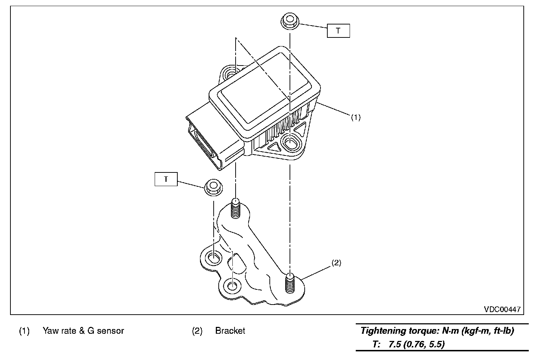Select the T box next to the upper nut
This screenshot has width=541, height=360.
coord(338,31)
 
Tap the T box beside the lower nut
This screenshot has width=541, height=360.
coord(166,179)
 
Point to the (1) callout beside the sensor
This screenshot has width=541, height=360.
coord(355,117)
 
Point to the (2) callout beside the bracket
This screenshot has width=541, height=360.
coord(336,263)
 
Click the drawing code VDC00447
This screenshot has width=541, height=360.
coord(502,310)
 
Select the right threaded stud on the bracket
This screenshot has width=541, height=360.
coord(290,283)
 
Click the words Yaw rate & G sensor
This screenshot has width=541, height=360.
coord(83,330)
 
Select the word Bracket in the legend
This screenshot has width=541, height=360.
coord(230,330)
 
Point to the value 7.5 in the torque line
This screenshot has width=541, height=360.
coord(395,344)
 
